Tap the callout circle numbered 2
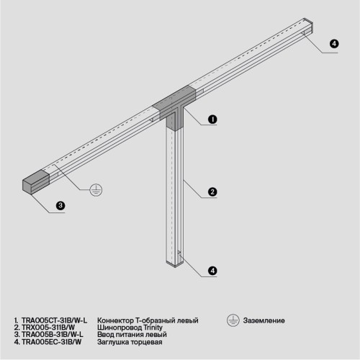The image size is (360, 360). coord(212,192)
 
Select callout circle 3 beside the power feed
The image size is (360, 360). coord(60,206)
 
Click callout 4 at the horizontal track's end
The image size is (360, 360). coord(333,44)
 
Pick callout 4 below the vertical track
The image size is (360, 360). coord(212,271)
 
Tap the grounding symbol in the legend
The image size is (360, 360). coord(233,320)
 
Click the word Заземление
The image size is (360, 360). coord(264,320)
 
